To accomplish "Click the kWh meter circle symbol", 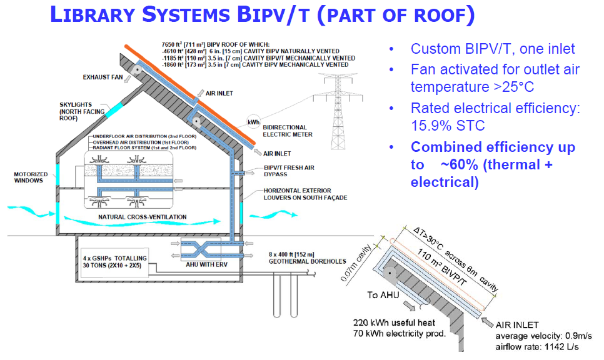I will (x=253, y=122).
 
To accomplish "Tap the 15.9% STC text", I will (x=448, y=125).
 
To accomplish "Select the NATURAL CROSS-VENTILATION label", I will (x=142, y=217).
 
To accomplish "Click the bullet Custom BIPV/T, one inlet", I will (x=493, y=49).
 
